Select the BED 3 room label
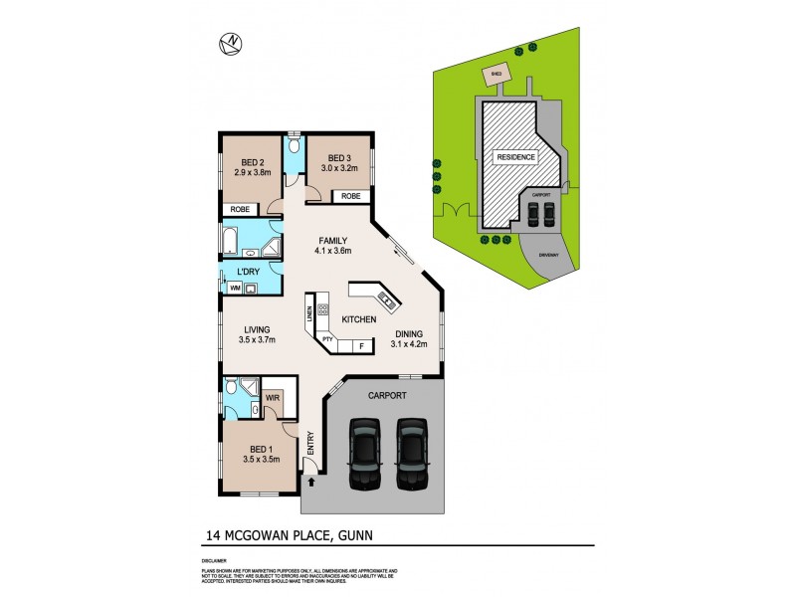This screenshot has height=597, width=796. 339,157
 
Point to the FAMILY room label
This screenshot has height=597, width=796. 334,241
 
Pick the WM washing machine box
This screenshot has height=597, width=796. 236,289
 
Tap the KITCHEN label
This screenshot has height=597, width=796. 358,319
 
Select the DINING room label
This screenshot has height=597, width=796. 409,334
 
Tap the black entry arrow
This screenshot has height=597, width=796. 313,482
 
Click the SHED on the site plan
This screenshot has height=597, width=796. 495,74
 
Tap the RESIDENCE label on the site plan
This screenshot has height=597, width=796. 514,157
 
